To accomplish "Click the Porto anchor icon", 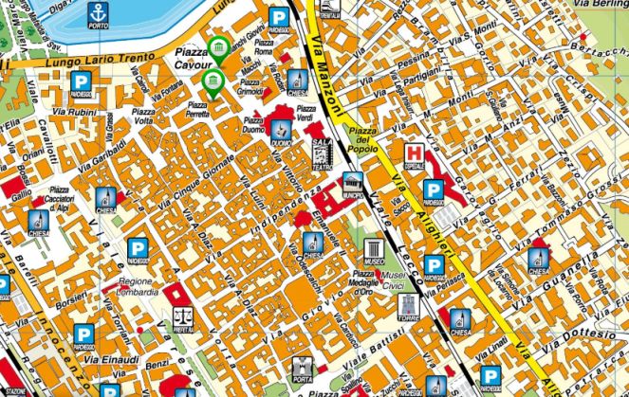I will (x=98, y=14).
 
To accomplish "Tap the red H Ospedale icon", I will (x=415, y=153).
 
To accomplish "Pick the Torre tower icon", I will (x=409, y=305).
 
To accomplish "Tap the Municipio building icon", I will (x=354, y=184).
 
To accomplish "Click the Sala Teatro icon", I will (x=321, y=152).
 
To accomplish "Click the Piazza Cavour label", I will (x=193, y=57).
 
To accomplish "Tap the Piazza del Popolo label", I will (x=363, y=136).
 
